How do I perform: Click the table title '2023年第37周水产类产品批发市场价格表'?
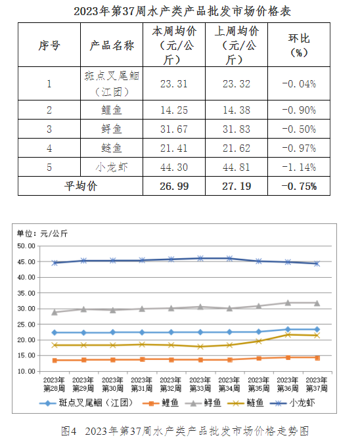[x=182, y=11]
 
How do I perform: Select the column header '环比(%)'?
[x=299, y=45]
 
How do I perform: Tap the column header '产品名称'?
[x=112, y=45]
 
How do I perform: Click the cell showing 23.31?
[x=174, y=84]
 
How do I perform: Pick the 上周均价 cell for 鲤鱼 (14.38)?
[x=236, y=110]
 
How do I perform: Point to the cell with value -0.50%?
[x=299, y=129]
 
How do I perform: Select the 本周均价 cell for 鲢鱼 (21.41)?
[x=174, y=148]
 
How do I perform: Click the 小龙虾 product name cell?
[x=112, y=167]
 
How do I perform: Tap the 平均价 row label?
[x=80, y=186]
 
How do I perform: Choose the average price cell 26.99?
[x=174, y=187]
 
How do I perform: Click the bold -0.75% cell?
[x=299, y=187]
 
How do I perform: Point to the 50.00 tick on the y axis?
[x=26, y=246]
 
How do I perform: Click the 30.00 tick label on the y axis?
[x=26, y=309]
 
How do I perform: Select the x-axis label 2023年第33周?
[x=200, y=384]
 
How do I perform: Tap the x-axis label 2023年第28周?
[x=54, y=384]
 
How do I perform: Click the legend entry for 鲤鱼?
[x=160, y=403]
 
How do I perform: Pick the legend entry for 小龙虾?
[x=292, y=403]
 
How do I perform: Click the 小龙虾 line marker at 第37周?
[x=317, y=264]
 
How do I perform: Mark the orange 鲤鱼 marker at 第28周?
[x=55, y=361]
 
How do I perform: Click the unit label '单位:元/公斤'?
[x=42, y=234]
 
